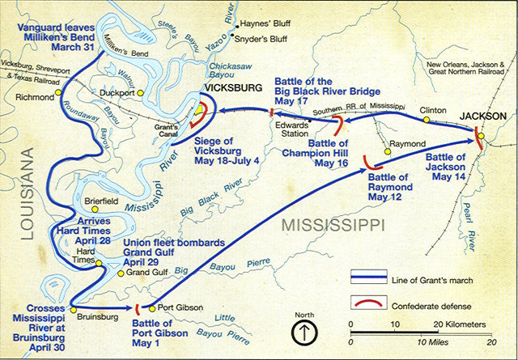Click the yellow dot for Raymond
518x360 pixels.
(385, 142)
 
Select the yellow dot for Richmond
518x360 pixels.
(59, 93)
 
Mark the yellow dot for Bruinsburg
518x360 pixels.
(73, 308)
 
